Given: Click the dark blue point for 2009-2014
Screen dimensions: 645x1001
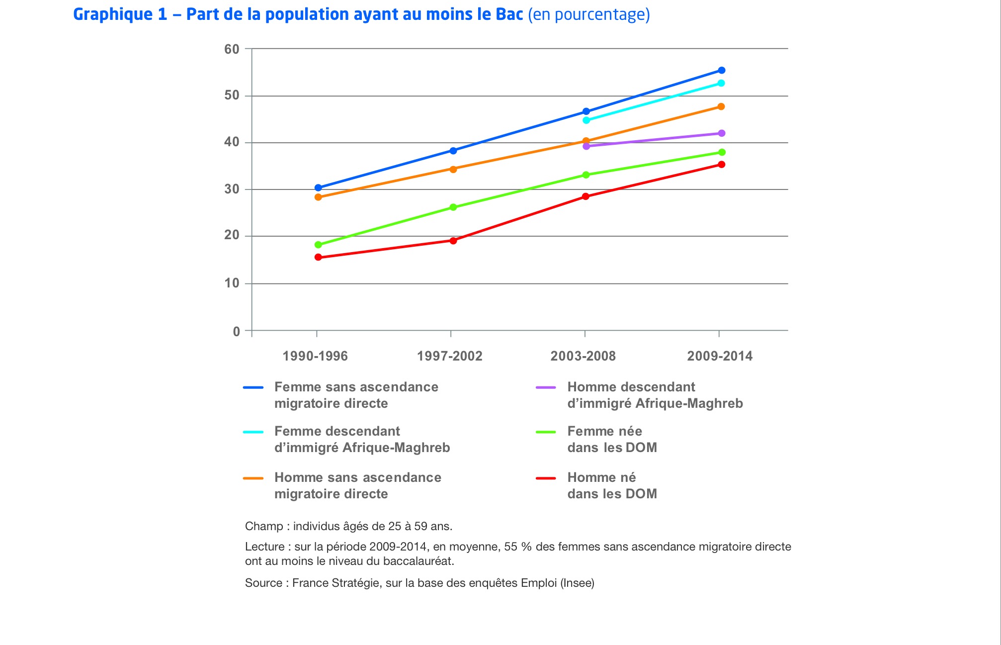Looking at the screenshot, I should tap(721, 71).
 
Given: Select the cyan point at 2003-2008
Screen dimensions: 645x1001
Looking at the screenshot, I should tap(586, 120).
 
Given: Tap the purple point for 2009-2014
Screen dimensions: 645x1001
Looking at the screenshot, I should tap(721, 133).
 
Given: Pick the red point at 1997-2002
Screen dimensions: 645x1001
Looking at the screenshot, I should tap(453, 241).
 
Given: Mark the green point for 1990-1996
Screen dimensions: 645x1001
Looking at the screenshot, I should tap(318, 245).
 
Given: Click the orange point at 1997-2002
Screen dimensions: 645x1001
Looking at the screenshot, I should tap(453, 169).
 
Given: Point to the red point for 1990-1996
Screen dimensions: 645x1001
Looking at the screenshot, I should tap(318, 258).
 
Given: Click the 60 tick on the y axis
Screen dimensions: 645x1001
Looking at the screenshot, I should tap(232, 49).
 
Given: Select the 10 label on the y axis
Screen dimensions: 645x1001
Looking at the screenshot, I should tap(232, 283).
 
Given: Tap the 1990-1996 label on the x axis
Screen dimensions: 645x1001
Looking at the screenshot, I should tap(315, 356).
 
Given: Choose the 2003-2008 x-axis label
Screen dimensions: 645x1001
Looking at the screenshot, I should tap(583, 356).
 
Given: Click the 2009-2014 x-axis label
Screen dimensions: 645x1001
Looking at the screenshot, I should tap(720, 356).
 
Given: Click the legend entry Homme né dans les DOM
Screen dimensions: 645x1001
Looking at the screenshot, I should tap(612, 485).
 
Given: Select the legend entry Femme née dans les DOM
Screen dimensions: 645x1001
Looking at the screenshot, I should tap(612, 439).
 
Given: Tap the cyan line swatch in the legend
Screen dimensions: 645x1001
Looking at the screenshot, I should tap(253, 432).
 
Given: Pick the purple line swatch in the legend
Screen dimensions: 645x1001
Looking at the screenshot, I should tap(546, 388).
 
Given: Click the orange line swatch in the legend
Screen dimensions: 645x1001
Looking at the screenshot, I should tap(253, 478).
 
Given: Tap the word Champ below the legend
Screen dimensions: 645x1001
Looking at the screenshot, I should tap(263, 526).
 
